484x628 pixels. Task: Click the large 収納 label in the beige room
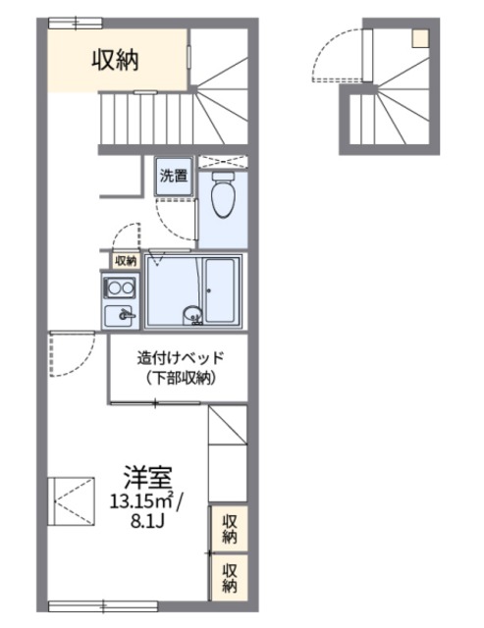(x=116, y=59)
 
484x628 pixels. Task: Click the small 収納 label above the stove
(x=125, y=260)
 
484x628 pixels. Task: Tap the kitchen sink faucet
(x=124, y=315)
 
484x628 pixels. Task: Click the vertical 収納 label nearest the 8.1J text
(x=230, y=530)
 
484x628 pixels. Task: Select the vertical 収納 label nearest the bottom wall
(x=230, y=577)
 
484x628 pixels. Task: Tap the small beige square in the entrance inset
(x=421, y=38)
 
